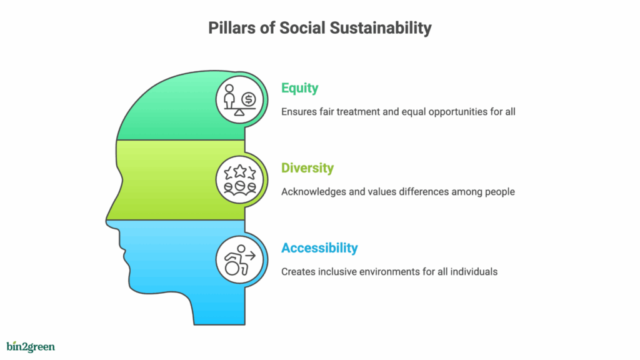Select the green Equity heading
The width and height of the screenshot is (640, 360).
pyautogui.click(x=299, y=88)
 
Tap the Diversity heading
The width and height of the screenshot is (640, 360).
pyautogui.click(x=307, y=167)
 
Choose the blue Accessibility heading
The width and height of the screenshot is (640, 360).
pyautogui.click(x=319, y=247)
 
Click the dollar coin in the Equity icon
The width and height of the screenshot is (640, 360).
pyautogui.click(x=249, y=99)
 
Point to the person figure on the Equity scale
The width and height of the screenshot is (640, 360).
pyautogui.click(x=230, y=96)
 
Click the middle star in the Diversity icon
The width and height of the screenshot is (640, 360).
pyautogui.click(x=240, y=171)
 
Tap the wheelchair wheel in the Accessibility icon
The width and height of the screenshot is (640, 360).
pyautogui.click(x=232, y=268)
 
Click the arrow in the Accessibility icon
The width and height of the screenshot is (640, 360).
pyautogui.click(x=251, y=256)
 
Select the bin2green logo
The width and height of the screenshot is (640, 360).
pyautogui.click(x=31, y=346)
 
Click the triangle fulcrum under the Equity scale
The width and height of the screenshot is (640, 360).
pyautogui.click(x=239, y=112)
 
